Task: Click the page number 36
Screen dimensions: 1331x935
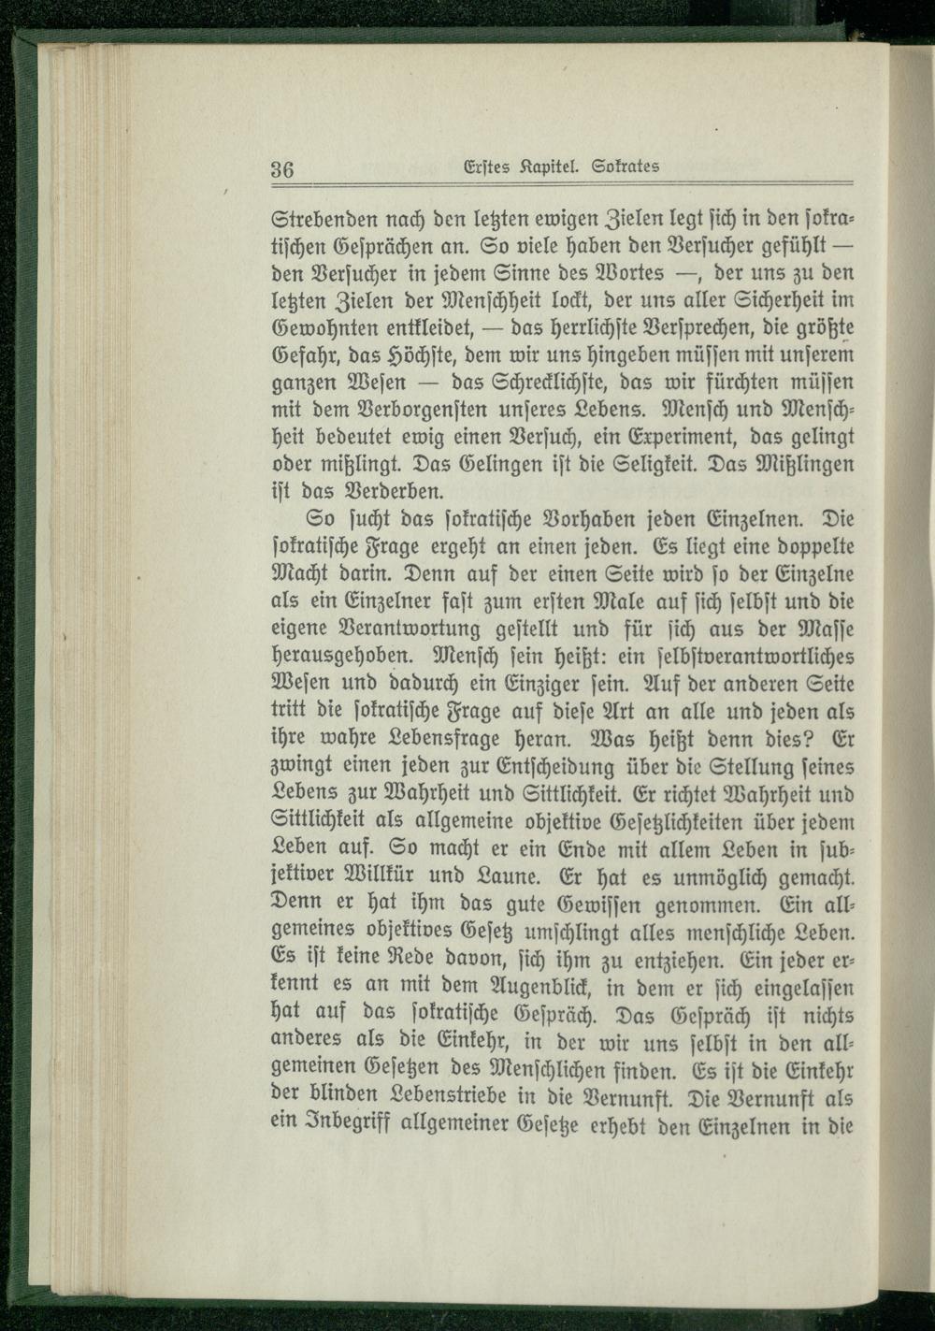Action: click(282, 170)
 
